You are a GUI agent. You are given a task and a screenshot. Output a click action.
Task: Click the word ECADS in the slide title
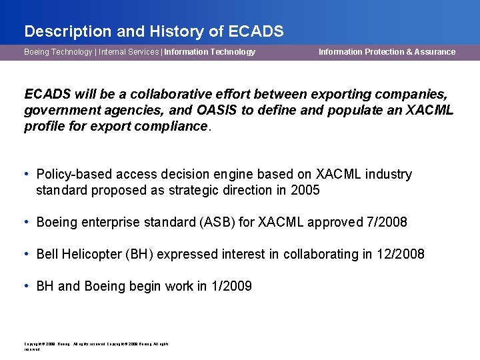click(256, 31)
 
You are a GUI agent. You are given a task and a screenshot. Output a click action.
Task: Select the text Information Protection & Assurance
click(387, 52)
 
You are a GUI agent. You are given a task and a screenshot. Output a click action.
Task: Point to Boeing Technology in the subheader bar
click(58, 52)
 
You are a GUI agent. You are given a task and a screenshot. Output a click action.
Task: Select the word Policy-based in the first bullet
click(73, 175)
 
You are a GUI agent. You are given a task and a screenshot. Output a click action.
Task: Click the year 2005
click(305, 191)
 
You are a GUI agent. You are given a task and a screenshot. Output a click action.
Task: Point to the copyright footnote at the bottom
click(96, 346)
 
